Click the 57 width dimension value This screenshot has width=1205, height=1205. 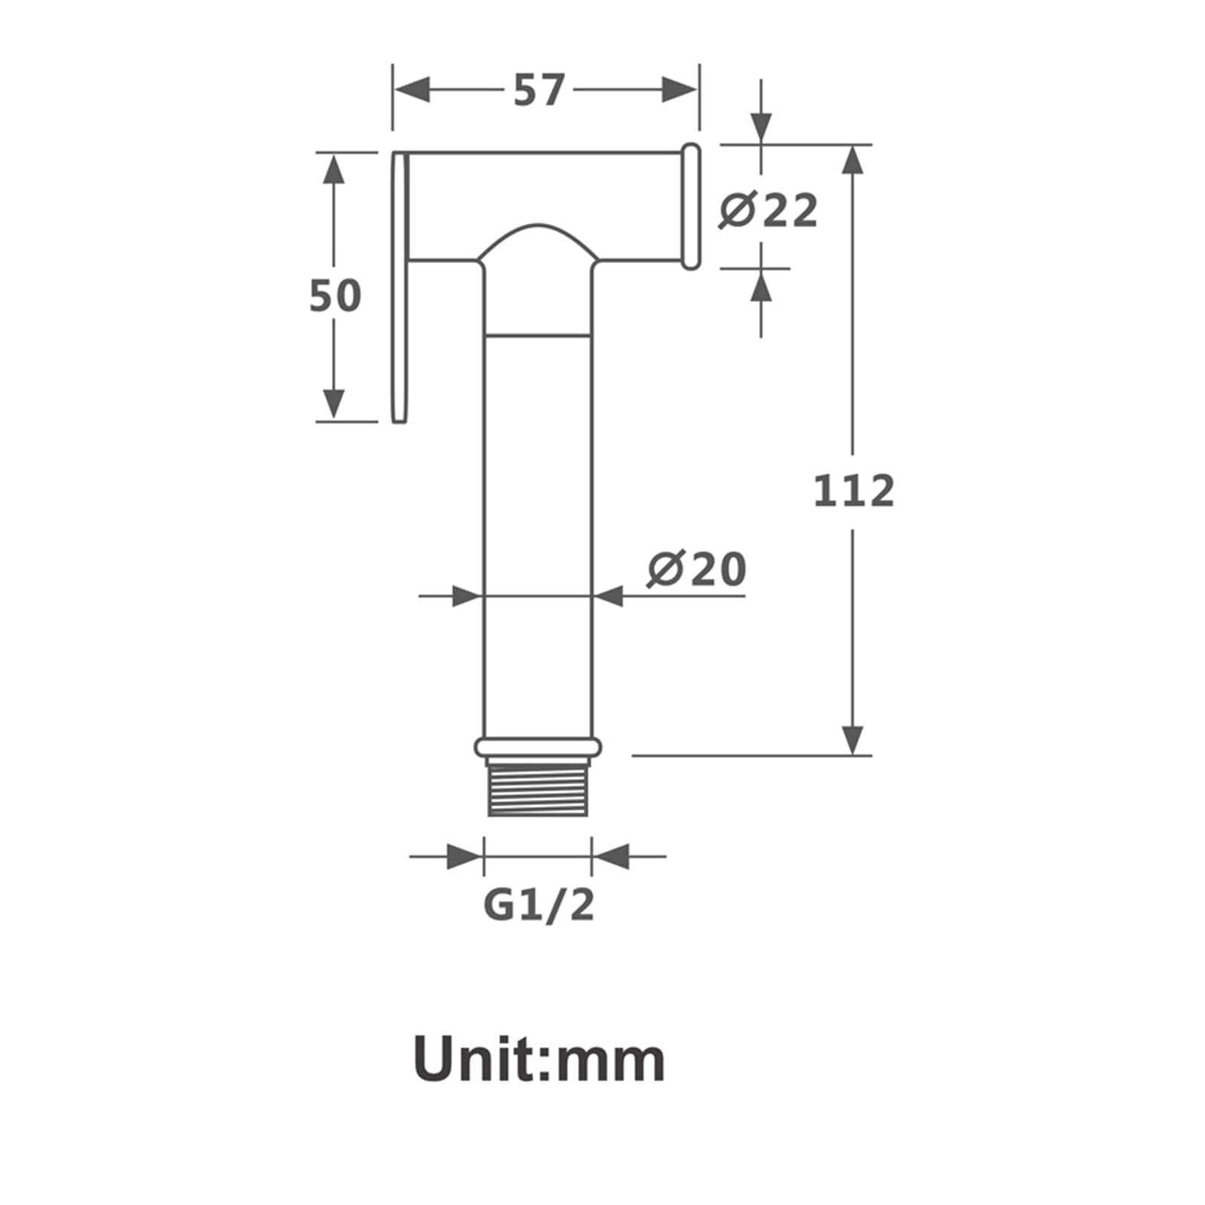click(538, 90)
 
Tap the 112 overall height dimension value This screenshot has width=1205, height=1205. click(854, 490)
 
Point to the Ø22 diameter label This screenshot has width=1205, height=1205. click(768, 210)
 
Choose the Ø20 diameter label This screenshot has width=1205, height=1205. click(697, 569)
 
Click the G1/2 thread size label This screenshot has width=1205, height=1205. click(538, 905)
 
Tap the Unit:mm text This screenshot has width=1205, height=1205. click(539, 1060)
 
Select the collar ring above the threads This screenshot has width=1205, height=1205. click(538, 747)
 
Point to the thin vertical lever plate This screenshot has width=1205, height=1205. click(400, 287)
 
